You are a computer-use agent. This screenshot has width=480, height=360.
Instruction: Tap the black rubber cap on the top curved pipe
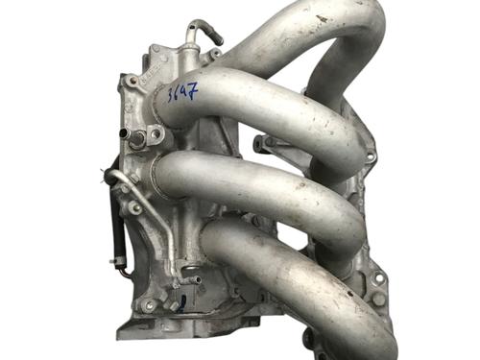point(216,37)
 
